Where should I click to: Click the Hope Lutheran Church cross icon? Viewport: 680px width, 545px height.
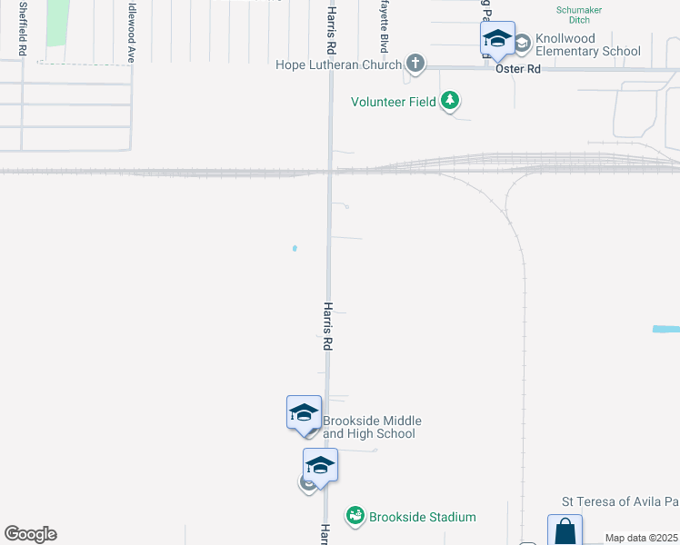(x=415, y=64)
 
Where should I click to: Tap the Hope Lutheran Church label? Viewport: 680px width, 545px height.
(x=339, y=64)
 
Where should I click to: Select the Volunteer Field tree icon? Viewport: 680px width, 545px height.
(x=450, y=101)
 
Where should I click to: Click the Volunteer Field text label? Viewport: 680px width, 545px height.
(x=394, y=102)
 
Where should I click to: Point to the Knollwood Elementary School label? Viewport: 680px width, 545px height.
(x=587, y=45)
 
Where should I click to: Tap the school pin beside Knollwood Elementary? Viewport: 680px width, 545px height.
(x=497, y=39)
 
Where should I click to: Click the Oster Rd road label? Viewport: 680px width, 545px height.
(x=518, y=69)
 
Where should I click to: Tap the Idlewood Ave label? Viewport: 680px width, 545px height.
(x=131, y=31)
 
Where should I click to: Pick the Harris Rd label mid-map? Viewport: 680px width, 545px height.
(x=328, y=327)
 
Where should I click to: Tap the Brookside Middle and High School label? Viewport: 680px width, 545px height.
(x=372, y=427)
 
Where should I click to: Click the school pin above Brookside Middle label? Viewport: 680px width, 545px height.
(x=304, y=412)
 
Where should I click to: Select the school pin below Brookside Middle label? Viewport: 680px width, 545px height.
(x=320, y=464)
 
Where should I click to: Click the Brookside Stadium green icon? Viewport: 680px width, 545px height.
(x=355, y=516)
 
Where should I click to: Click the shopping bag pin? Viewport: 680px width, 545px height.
(x=565, y=530)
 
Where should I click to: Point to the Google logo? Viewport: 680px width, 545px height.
(x=30, y=534)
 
